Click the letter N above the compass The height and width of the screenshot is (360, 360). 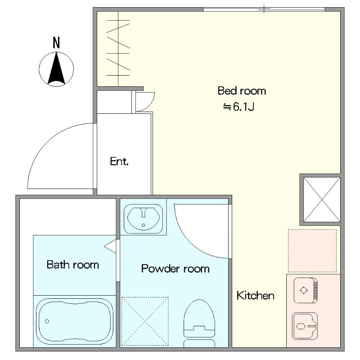pos(56,43)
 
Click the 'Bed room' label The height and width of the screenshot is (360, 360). pos(242,91)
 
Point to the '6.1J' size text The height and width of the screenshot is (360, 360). pos(243,107)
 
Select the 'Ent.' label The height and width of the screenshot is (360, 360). pos(119,161)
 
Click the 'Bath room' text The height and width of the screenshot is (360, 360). pos(73,265)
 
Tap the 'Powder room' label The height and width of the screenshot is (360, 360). pos(175,269)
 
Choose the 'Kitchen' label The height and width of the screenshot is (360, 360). pos(255,295)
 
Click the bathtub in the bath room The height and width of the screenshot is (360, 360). pos(75,321)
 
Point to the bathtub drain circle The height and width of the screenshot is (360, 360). pos(47,321)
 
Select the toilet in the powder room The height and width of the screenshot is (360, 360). pos(199,323)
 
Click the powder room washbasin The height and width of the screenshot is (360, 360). pos(143,219)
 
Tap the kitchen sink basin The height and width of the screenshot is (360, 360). pos(305,326)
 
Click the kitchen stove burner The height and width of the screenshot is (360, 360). pos(303,290)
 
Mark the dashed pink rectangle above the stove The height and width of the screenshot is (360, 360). pos(312,251)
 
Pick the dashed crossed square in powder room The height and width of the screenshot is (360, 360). pos(145,321)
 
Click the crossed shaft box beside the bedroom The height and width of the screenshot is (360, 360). pos(322,199)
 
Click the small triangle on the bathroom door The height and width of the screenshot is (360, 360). pos(110,246)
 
